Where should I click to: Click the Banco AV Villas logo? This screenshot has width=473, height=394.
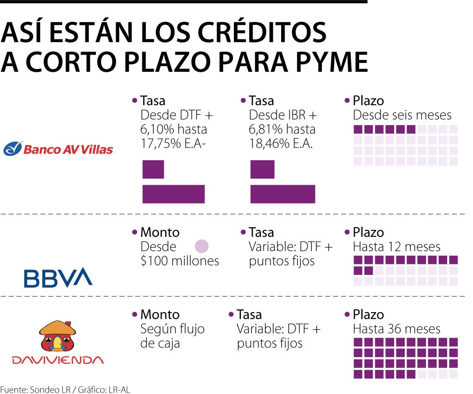pos(58,149)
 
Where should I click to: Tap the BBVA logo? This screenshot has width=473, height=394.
pos(58,277)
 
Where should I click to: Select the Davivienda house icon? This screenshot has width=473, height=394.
pos(58,336)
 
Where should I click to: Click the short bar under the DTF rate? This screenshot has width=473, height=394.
pos(153,169)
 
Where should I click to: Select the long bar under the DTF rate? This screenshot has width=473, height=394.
pos(173,194)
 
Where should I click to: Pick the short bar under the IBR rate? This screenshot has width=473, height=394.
pos(262,169)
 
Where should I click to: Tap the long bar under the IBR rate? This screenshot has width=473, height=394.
pos(282,194)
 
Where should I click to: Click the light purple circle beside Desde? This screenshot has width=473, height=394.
pos(201,246)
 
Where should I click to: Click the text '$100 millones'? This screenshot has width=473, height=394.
pos(180,261)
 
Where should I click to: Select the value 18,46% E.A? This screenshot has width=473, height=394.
pos(281,144)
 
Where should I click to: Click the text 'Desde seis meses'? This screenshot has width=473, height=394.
pos(402,115)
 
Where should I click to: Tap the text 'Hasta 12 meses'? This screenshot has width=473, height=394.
pos(397,246)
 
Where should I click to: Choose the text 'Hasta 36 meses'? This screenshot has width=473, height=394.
pos(397,329)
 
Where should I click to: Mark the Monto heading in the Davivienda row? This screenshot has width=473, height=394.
pos(160,314)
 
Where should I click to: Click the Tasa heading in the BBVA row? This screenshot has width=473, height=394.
pos(261,232)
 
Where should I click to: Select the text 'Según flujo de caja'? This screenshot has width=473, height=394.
pos(172,336)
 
